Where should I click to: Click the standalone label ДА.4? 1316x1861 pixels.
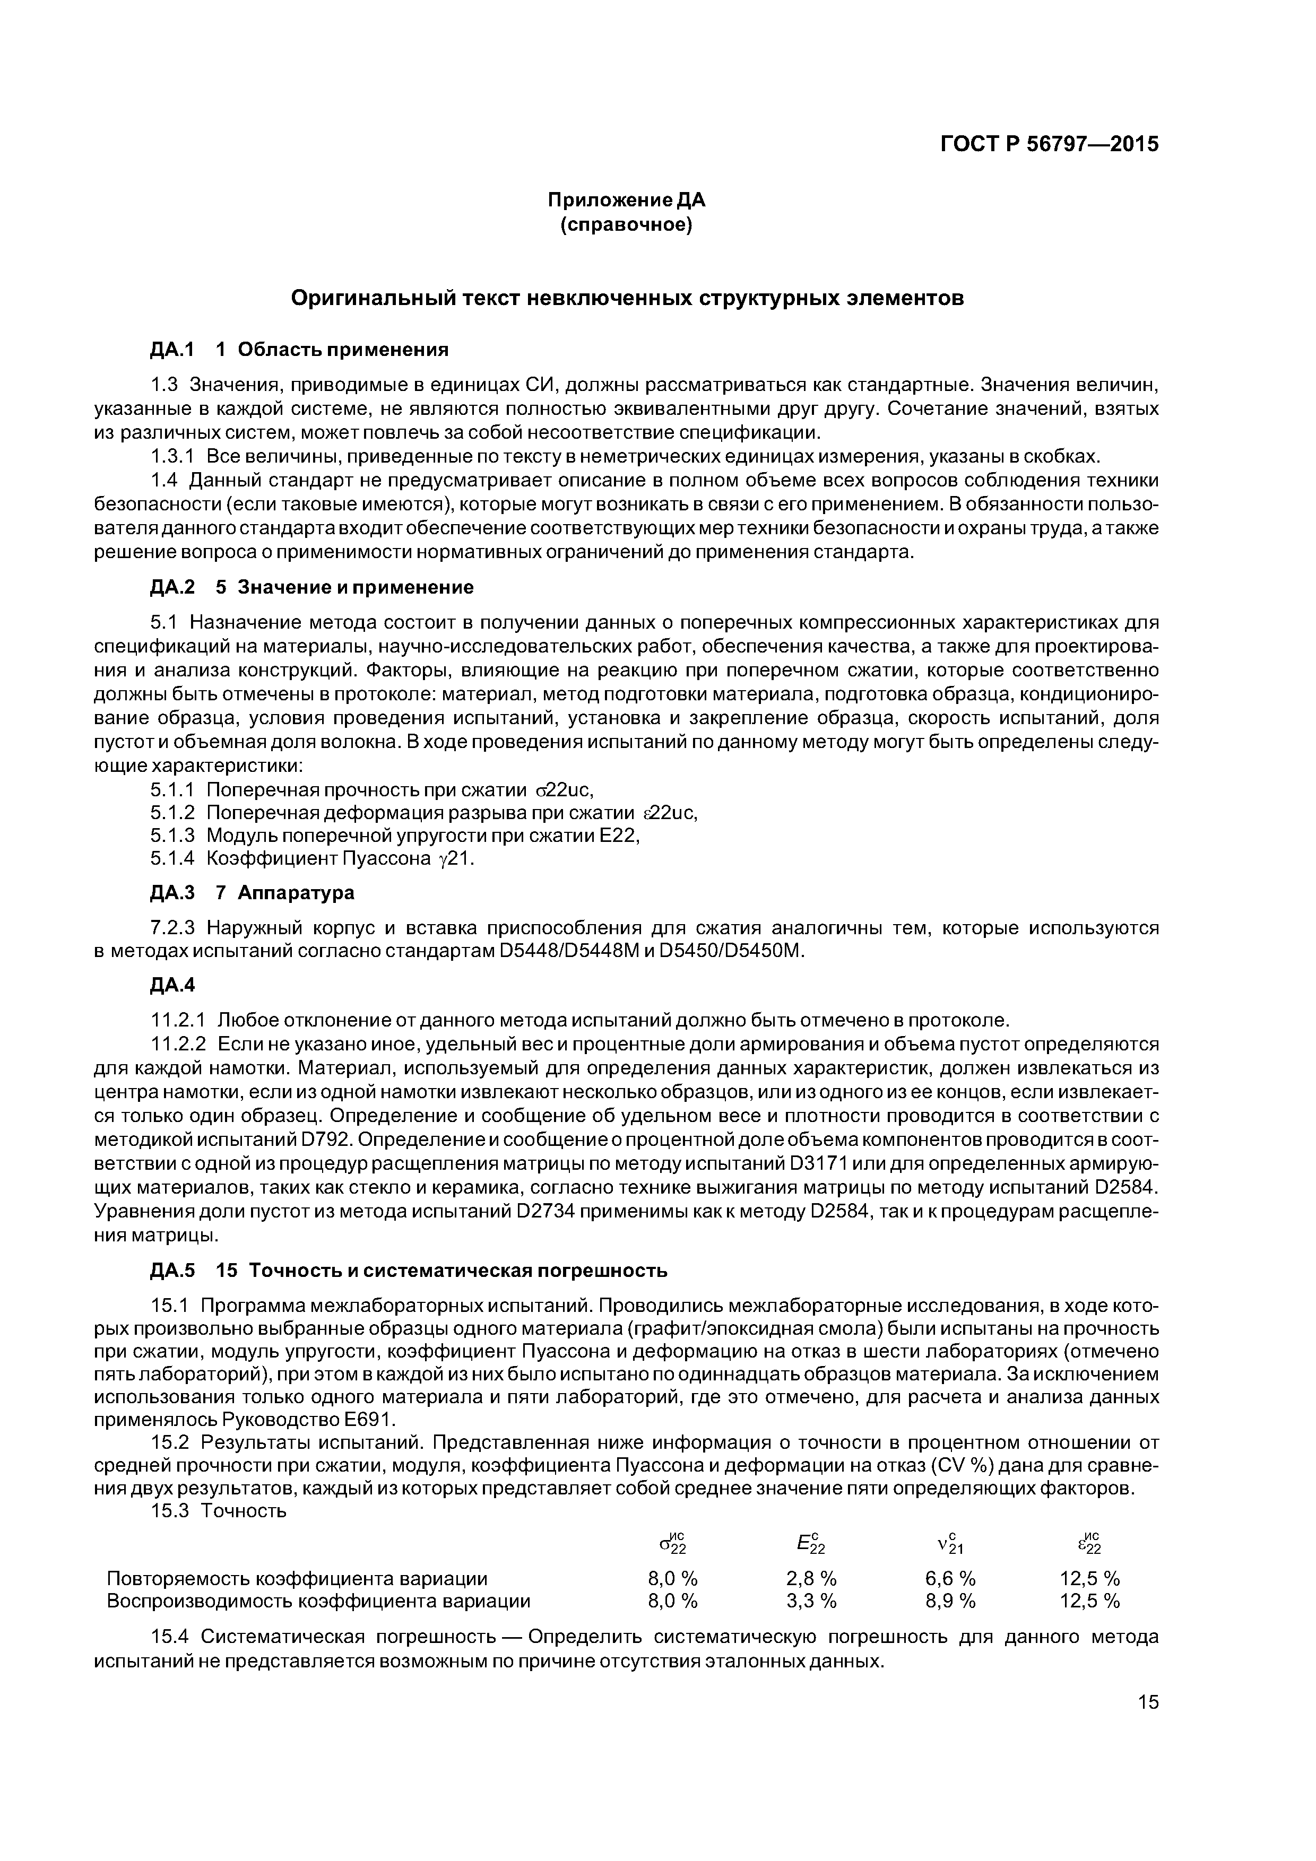click(172, 984)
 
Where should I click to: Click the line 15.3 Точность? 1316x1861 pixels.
click(219, 1510)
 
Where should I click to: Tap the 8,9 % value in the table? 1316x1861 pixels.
click(950, 1601)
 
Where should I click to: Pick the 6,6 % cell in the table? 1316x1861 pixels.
click(950, 1578)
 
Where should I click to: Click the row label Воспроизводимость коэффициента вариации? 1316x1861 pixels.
click(319, 1601)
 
